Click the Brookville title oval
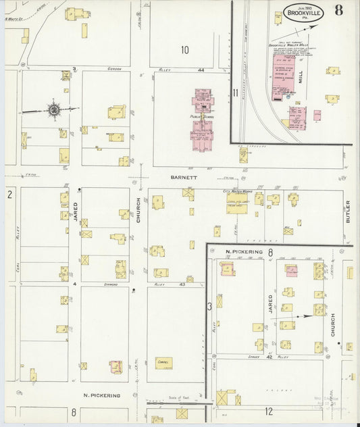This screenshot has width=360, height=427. (x=303, y=14)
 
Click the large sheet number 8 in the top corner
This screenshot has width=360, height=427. (x=337, y=11)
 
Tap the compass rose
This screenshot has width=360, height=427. (x=53, y=109)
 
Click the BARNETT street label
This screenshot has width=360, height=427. (x=183, y=178)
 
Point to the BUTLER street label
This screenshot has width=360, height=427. (x=349, y=212)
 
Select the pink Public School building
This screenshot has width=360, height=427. (x=203, y=122)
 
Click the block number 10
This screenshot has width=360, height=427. (x=184, y=49)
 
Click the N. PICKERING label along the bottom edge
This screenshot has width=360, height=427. (x=101, y=395)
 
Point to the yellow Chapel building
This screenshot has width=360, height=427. (x=163, y=363)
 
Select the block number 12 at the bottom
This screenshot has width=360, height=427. (x=268, y=411)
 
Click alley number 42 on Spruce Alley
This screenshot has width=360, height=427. (x=269, y=357)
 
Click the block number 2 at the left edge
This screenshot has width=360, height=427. (x=9, y=195)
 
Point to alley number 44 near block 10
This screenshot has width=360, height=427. (x=201, y=70)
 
